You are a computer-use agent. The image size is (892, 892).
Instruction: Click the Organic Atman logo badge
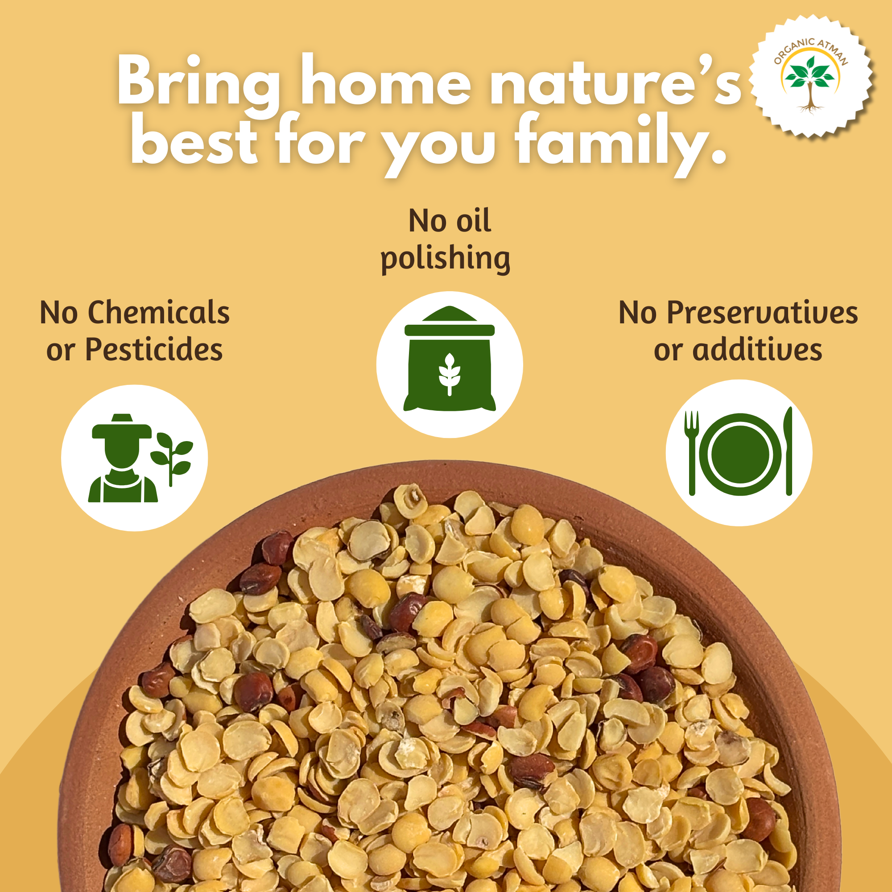click(x=811, y=76)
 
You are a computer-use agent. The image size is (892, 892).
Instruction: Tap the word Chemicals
click(x=159, y=313)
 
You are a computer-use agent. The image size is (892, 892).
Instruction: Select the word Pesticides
click(x=154, y=349)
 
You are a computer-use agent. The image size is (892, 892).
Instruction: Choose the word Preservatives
click(x=762, y=313)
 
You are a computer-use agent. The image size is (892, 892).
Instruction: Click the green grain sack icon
click(x=449, y=359)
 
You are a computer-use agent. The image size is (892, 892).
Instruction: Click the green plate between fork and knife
click(x=740, y=454)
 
